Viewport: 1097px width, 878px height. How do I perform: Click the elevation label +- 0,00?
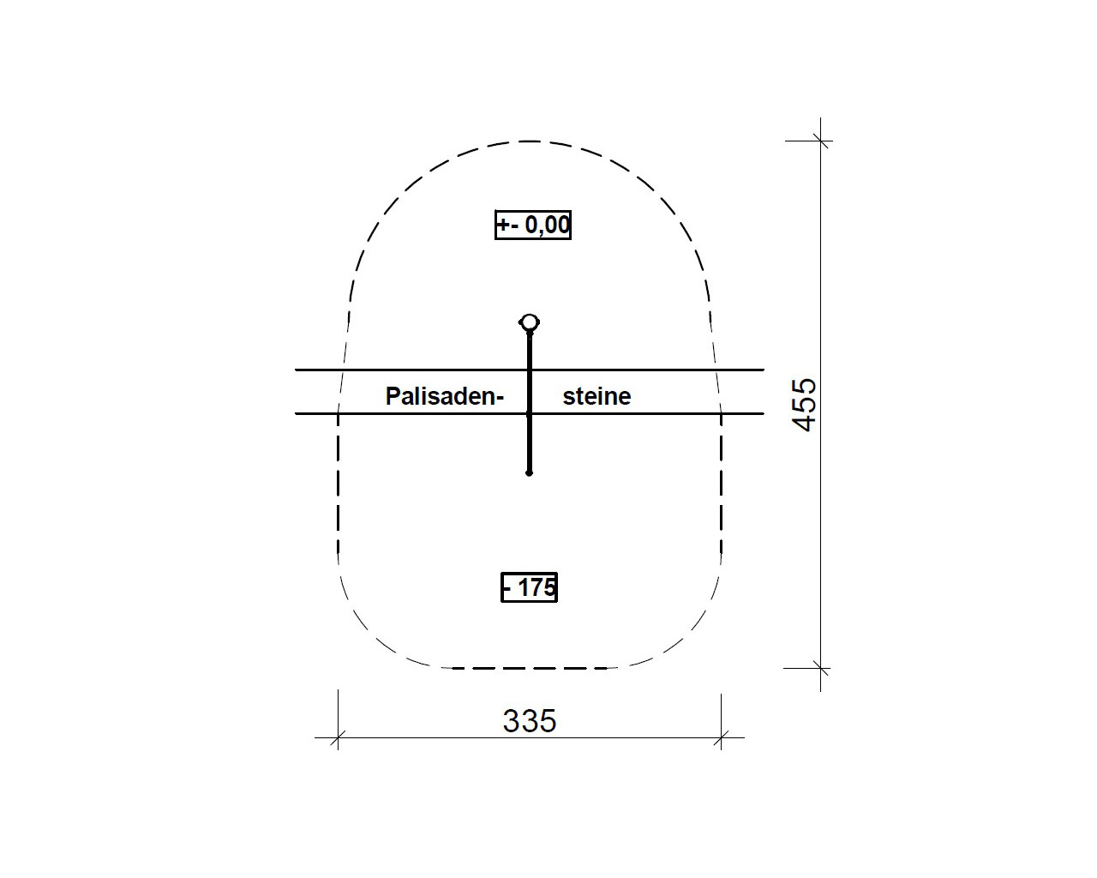click(x=533, y=225)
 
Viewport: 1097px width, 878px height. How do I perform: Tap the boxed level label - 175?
click(x=529, y=587)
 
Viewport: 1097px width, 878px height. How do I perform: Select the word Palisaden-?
click(x=445, y=396)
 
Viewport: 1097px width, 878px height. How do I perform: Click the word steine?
click(x=596, y=396)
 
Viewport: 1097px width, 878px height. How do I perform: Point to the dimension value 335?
click(x=529, y=721)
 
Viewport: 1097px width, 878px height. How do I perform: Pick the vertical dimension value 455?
click(x=804, y=405)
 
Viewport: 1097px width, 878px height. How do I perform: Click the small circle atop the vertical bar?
click(x=530, y=322)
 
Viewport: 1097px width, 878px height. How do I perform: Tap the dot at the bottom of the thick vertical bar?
click(x=529, y=473)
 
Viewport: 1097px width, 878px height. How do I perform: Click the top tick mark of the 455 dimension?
click(x=820, y=141)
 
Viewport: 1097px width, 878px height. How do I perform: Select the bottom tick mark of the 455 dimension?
click(x=820, y=668)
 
